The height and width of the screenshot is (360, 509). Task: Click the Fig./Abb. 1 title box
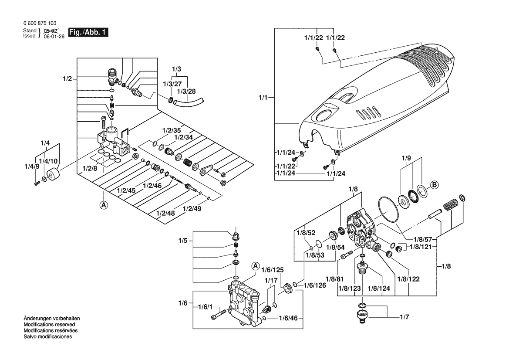pyautogui.click(x=88, y=32)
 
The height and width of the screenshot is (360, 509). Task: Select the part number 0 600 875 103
pyautogui.click(x=40, y=23)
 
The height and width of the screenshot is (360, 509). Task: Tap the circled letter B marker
pyautogui.click(x=435, y=185)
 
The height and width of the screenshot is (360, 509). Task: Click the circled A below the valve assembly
pyautogui.click(x=104, y=205)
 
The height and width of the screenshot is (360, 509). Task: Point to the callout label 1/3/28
pyautogui.click(x=186, y=91)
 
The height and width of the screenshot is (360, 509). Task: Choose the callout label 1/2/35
pyautogui.click(x=172, y=130)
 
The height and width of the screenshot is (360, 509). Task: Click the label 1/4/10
pyautogui.click(x=48, y=161)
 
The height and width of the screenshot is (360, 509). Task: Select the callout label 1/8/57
pyautogui.click(x=423, y=239)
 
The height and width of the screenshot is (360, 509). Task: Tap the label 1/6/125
pyautogui.click(x=273, y=270)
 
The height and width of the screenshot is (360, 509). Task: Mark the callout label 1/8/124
pyautogui.click(x=378, y=288)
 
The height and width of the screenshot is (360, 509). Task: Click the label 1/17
pyautogui.click(x=271, y=280)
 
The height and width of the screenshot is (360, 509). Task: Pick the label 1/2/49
pyautogui.click(x=192, y=209)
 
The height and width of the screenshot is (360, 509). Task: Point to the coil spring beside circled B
pyautogui.click(x=451, y=204)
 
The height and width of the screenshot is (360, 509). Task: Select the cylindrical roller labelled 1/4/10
pyautogui.click(x=53, y=174)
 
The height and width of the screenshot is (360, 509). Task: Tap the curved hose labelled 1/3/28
pyautogui.click(x=189, y=100)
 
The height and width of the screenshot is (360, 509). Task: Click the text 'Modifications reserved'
pyautogui.click(x=49, y=325)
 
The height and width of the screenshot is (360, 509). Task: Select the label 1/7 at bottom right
pyautogui.click(x=405, y=317)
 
